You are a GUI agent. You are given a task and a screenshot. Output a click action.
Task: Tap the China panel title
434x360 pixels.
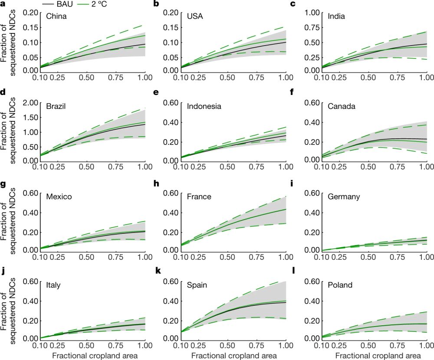pyautogui.click(x=56, y=16)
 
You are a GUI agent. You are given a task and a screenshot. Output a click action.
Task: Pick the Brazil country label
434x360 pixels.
pyautogui.click(x=57, y=106)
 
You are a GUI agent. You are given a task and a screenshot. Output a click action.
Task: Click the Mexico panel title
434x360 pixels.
pyautogui.click(x=59, y=196)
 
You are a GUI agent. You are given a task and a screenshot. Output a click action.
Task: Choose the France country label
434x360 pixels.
pyautogui.click(x=199, y=196)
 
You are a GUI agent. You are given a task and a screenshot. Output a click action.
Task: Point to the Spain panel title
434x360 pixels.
pyautogui.click(x=198, y=285)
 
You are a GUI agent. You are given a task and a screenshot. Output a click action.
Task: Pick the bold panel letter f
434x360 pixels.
pyautogui.click(x=293, y=93)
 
